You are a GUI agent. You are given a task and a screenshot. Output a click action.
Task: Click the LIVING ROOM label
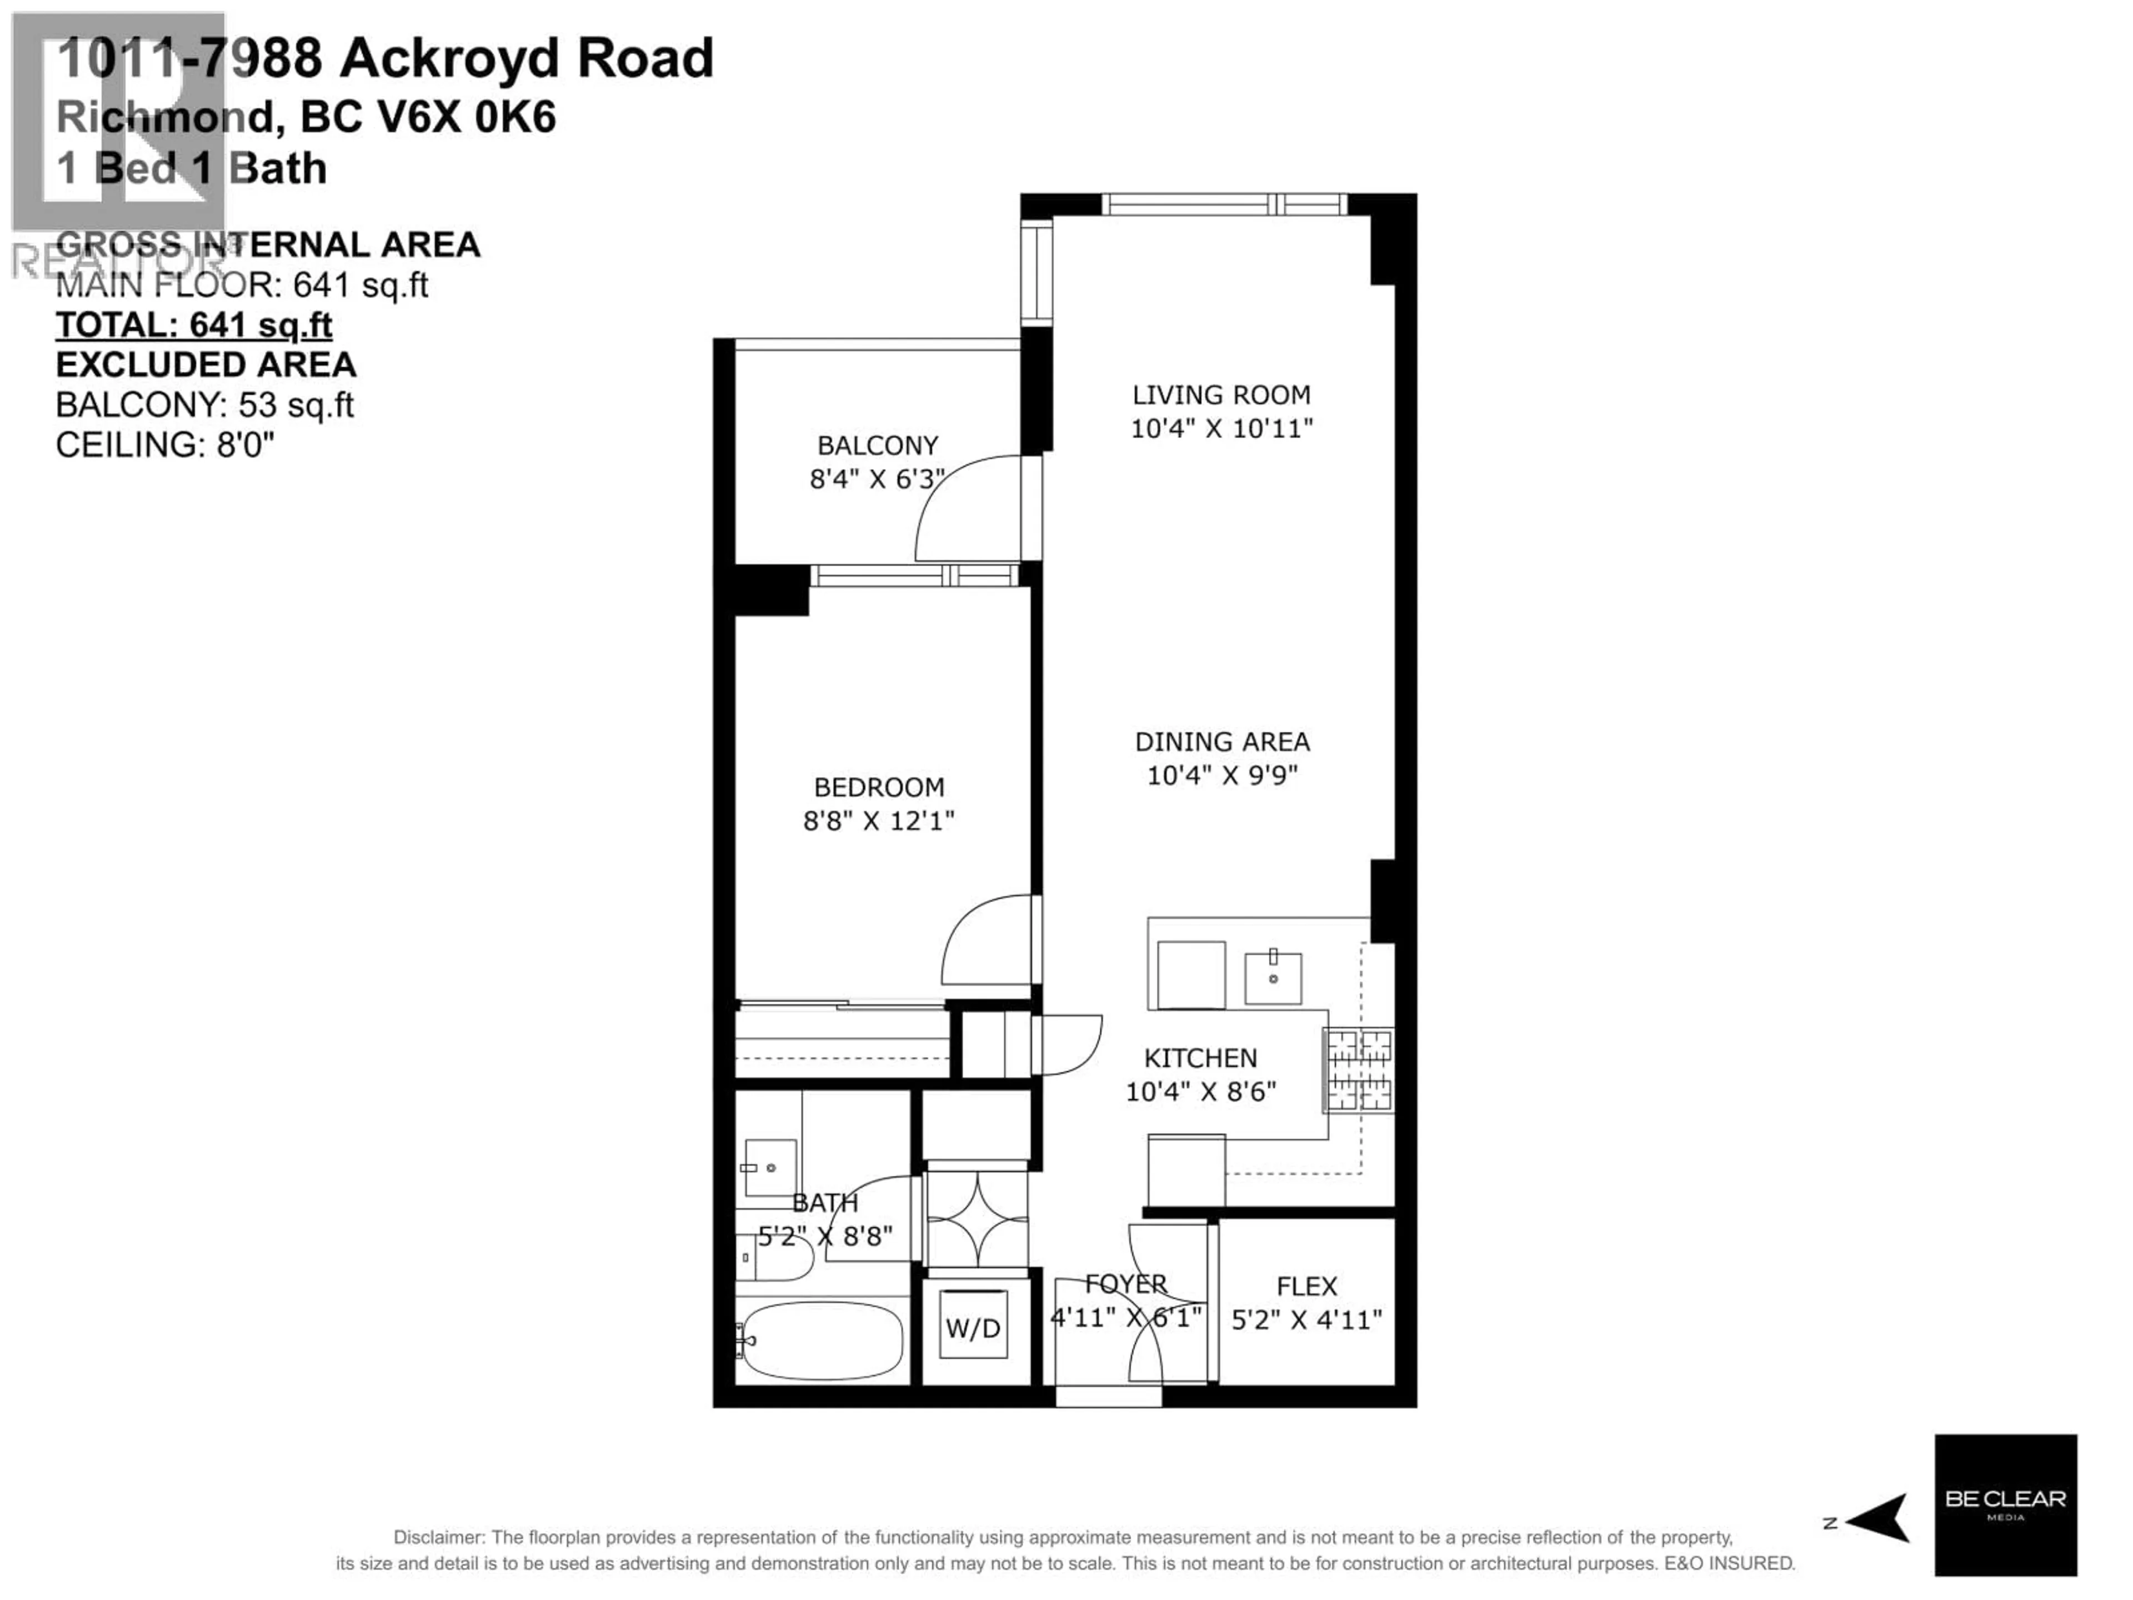click(x=1221, y=394)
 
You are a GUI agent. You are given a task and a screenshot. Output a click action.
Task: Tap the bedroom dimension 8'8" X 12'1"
click(x=878, y=821)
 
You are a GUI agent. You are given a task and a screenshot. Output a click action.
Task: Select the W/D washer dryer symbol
click(x=973, y=1329)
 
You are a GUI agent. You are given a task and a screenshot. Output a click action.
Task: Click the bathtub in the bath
click(x=823, y=1341)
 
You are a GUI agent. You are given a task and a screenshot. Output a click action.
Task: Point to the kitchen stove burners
click(x=1358, y=1071)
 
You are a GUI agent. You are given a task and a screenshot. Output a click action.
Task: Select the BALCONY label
click(x=878, y=446)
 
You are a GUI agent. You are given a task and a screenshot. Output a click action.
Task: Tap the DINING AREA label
click(x=1221, y=742)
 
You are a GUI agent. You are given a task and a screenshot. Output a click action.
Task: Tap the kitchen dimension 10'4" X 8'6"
click(x=1200, y=1092)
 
